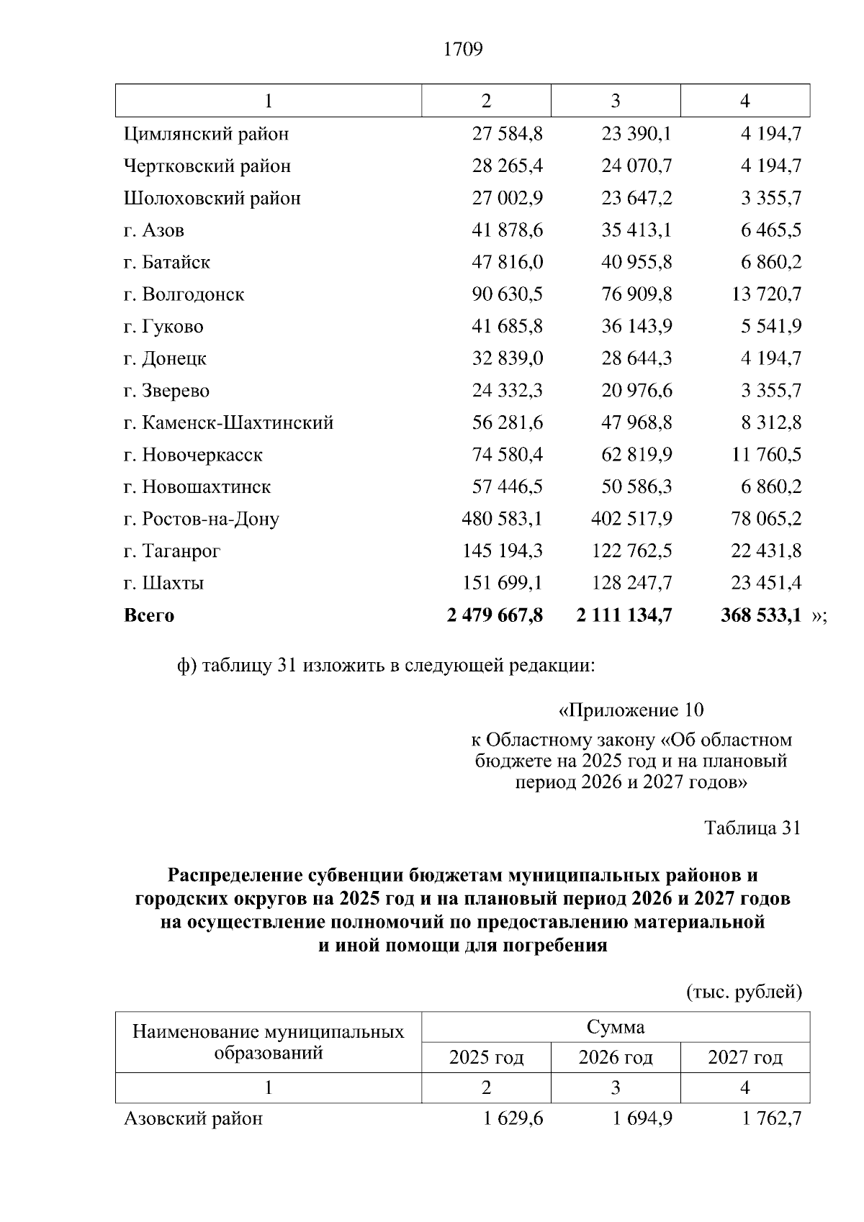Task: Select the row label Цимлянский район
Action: coord(206,134)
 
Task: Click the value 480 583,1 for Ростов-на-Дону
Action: coord(502,519)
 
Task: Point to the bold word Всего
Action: coord(149,616)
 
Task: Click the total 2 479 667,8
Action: coord(495,615)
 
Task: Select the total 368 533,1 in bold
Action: coord(760,615)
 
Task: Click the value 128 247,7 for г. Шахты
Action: coord(631,583)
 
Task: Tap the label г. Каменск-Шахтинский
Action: coord(228,422)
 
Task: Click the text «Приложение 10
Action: coord(631,711)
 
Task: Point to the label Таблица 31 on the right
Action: coord(752,828)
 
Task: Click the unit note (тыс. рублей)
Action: coord(744,992)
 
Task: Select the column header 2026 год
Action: coord(616,1057)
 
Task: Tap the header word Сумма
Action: coord(616,1027)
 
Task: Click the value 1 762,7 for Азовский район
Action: coord(771,1119)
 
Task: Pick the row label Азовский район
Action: coord(193,1119)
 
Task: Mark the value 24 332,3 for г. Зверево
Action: coord(507,391)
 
